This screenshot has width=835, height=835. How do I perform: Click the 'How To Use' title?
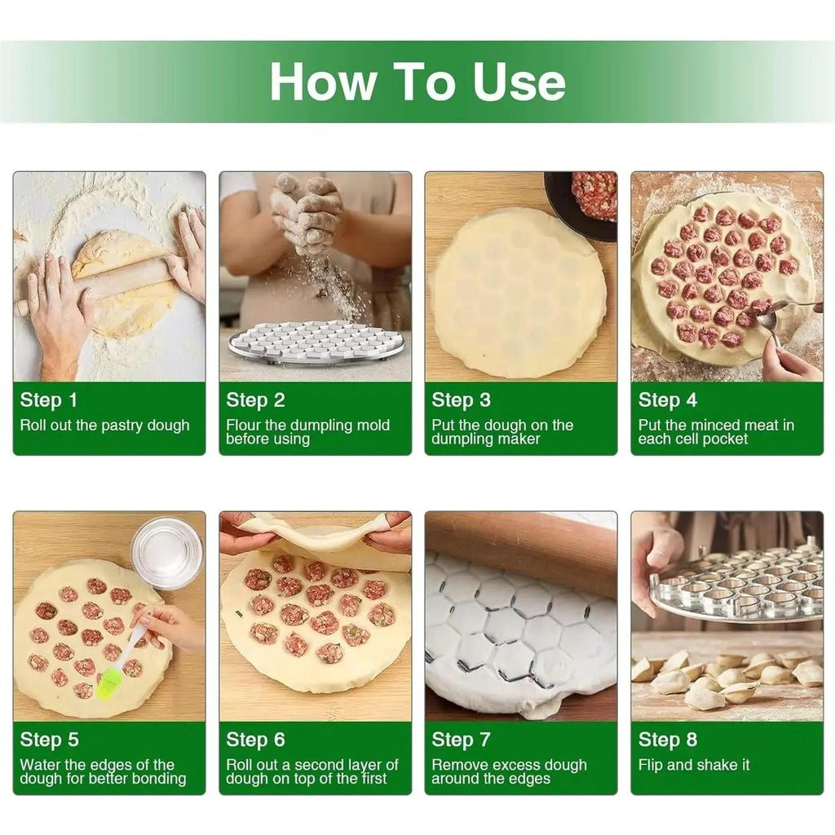[x=417, y=82]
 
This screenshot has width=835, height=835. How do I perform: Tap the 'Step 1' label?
[x=49, y=400]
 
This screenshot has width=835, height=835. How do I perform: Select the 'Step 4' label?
[x=667, y=400]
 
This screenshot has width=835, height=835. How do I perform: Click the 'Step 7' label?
[x=461, y=740]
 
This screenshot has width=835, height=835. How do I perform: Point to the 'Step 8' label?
[x=667, y=740]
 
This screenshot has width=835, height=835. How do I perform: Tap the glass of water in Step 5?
[x=166, y=551]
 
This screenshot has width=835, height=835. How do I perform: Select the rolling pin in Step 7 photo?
[x=522, y=546]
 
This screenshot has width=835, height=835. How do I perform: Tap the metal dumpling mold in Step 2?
[x=316, y=342]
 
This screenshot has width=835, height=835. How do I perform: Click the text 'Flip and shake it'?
[x=694, y=765]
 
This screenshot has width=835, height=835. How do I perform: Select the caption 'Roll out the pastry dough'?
[x=104, y=425]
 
